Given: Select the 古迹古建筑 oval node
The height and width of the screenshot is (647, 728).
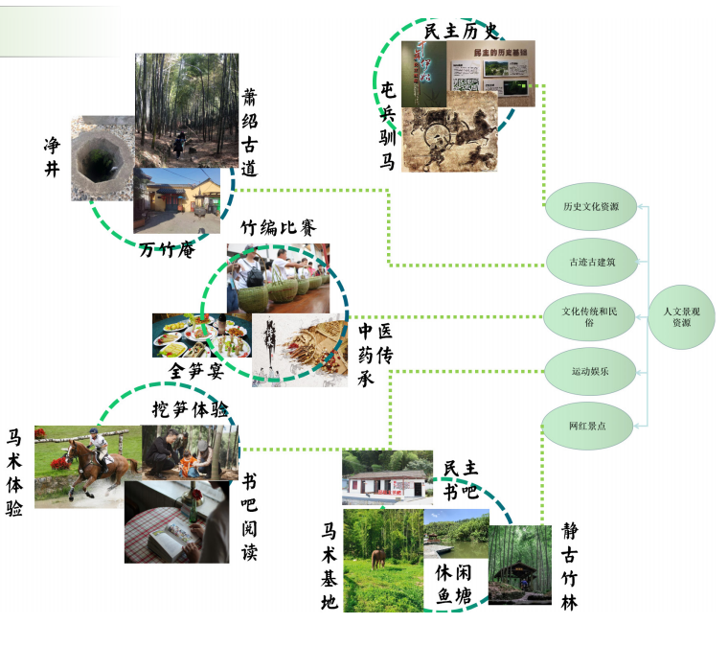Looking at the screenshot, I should [591, 261].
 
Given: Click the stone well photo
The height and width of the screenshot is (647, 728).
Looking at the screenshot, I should [101, 158].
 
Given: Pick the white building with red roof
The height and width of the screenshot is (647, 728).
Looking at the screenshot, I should [386, 478].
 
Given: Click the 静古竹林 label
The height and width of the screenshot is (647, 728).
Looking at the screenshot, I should [571, 566].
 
